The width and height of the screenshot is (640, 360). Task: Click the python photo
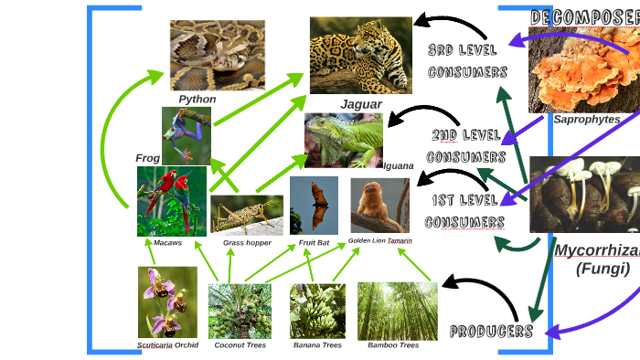[x=217, y=55]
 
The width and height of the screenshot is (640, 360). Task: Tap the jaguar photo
[x=360, y=55]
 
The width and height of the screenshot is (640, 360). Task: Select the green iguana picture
[x=344, y=140]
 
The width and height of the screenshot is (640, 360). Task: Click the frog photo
[x=187, y=135]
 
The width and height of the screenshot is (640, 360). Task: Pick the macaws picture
[x=172, y=201]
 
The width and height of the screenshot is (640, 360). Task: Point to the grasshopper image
[x=246, y=215]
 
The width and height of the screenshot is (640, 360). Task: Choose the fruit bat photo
[x=314, y=205]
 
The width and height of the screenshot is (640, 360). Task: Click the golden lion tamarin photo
[x=380, y=206]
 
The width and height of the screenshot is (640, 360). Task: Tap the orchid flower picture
[x=167, y=302]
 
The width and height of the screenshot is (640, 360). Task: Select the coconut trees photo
[x=240, y=311]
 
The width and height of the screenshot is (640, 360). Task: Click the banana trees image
[x=317, y=311]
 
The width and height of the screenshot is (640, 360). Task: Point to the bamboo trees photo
[x=397, y=311]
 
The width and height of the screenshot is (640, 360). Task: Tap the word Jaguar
[x=361, y=104]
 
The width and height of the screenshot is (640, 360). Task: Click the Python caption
[x=197, y=99]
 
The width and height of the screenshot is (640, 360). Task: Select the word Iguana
[x=399, y=166]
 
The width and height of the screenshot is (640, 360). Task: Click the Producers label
[x=491, y=331]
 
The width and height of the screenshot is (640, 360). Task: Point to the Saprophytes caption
[x=586, y=119]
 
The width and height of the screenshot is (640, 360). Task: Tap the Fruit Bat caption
[x=314, y=242]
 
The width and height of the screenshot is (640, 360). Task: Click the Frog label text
[x=147, y=158]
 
